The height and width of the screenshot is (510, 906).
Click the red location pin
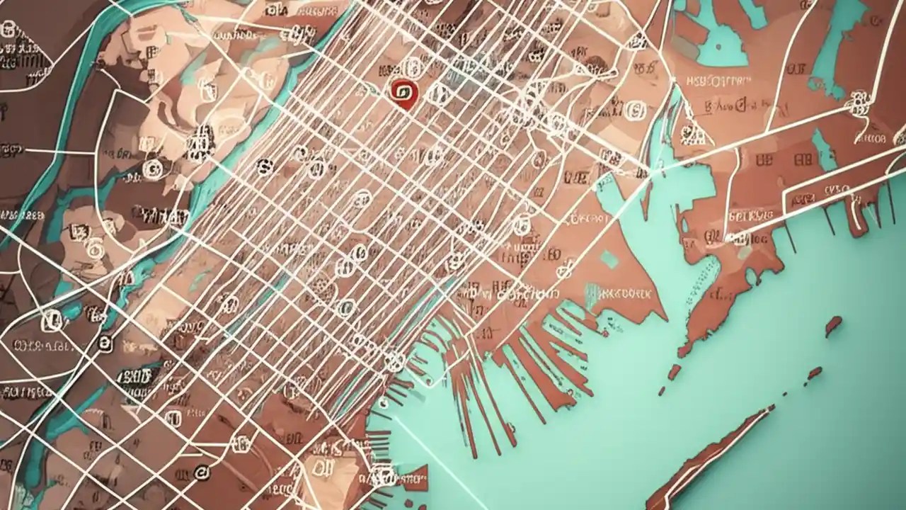pyautogui.click(x=402, y=93)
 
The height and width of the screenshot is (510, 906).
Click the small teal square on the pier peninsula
pyautogui.click(x=609, y=259)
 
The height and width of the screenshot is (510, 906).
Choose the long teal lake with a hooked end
pyautogui.click(x=835, y=42)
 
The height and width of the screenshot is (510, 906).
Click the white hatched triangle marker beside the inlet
pyautogui.click(x=690, y=132)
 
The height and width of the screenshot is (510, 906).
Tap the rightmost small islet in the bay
pyautogui.click(x=833, y=326)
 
